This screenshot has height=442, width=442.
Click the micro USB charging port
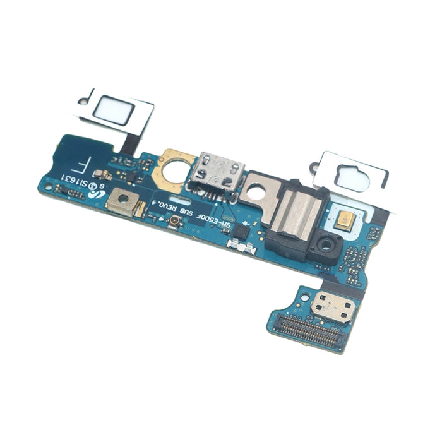[218, 169]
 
